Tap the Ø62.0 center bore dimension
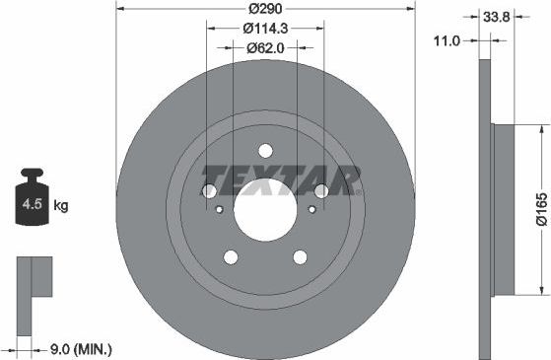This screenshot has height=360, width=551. [x=265, y=46]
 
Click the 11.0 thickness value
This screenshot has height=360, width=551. [x=452, y=41]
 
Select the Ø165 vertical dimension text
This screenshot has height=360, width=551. [x=540, y=209]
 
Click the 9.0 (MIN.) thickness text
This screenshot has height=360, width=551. [x=81, y=347]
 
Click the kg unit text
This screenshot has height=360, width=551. [x=61, y=206]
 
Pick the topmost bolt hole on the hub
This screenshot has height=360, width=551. [x=264, y=151]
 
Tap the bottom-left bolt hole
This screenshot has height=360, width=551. [x=231, y=257]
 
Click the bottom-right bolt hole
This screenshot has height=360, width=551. [x=299, y=257]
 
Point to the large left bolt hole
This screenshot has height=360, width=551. [x=209, y=191]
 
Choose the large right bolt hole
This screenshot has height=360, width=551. [x=320, y=191]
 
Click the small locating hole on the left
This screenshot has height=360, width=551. [x=219, y=209]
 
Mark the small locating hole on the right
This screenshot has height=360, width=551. [x=311, y=209]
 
